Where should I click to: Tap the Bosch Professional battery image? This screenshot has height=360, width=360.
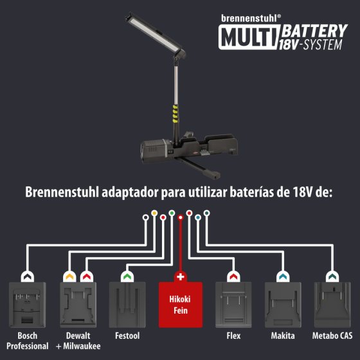(28, 305)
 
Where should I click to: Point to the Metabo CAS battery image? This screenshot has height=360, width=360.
(332, 305)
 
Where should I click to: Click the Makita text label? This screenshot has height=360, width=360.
(283, 336)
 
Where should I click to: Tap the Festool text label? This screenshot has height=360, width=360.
(128, 336)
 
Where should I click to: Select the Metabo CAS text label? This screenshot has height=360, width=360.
(332, 336)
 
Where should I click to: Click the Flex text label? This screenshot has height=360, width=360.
(233, 336)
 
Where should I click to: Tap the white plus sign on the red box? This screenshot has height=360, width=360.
(181, 276)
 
